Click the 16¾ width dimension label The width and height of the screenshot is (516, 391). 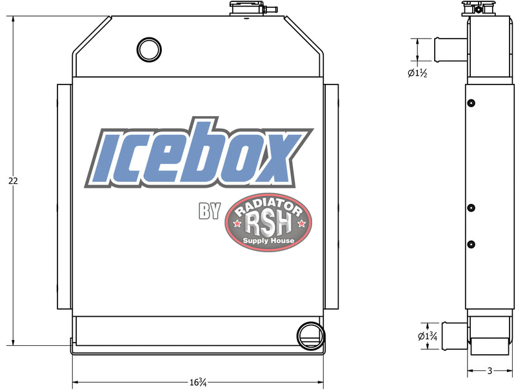click(x=198, y=381)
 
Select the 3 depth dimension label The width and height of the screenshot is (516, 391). click(x=490, y=371)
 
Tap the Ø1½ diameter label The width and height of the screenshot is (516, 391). click(x=418, y=73)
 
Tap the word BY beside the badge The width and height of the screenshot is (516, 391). click(x=210, y=211)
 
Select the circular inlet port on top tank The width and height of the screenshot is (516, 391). click(x=149, y=48)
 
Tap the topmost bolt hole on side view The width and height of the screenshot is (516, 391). click(x=471, y=103)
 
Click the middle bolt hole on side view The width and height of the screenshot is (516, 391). click(x=471, y=208)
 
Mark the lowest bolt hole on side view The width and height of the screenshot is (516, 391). click(x=471, y=244)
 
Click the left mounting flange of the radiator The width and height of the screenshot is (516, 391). click(x=64, y=197)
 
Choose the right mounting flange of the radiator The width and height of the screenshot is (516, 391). click(x=330, y=197)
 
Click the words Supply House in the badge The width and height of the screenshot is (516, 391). click(x=268, y=241)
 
